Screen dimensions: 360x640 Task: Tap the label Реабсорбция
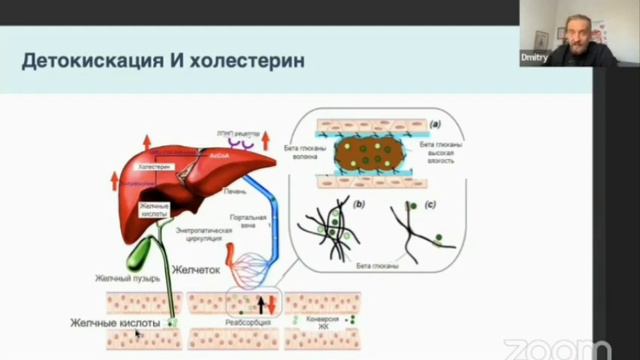tap(247, 323)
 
